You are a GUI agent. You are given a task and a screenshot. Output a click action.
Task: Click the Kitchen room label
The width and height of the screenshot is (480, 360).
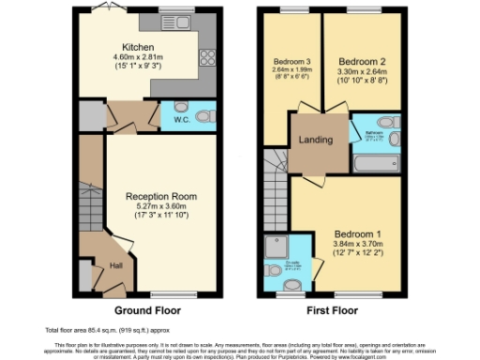coord(138,46)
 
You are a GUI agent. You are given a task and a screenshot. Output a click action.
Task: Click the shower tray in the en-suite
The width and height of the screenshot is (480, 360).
coord(276,247)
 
